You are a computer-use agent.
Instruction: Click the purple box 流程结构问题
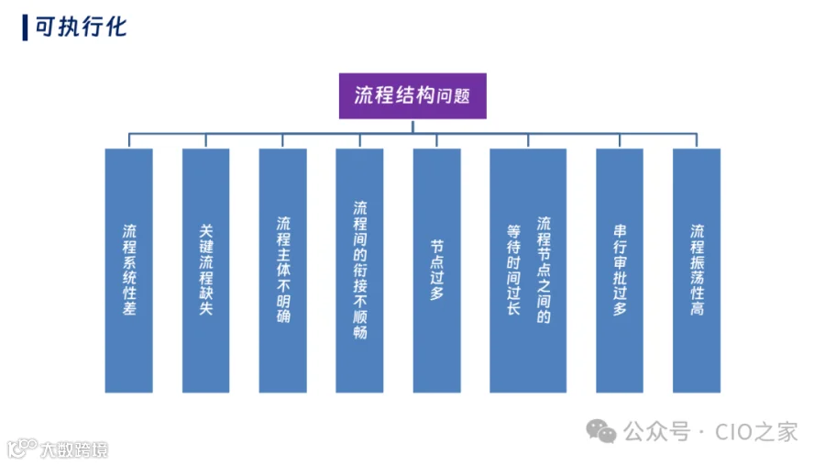coord(412,96)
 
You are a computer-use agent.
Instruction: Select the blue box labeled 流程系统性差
coord(129,271)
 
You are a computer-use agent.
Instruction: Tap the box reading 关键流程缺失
coord(205,271)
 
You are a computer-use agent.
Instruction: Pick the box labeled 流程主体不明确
coord(283,271)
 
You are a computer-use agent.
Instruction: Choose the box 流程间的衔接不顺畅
coord(359,271)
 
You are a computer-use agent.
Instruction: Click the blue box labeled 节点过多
coord(436,271)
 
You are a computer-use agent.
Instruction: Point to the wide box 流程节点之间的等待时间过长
coord(528,271)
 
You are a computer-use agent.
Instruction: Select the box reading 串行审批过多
coord(620,271)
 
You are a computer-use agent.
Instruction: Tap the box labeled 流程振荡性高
coord(697,271)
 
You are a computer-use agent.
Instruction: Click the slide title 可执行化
coord(81,27)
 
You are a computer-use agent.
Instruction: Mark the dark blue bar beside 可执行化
coord(25,28)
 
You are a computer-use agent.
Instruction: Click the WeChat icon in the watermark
coord(600,431)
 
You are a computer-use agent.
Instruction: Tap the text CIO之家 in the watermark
coord(756,432)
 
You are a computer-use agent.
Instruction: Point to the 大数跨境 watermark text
coord(74,449)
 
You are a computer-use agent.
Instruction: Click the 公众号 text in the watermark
coord(656,432)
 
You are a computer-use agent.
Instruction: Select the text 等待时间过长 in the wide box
coord(513,271)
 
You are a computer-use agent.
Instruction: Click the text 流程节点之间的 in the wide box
coord(544,270)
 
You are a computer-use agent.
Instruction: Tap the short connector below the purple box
coord(412,127)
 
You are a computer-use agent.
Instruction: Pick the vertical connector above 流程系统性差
coord(129,140)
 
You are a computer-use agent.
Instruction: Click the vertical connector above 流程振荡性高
coord(697,140)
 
